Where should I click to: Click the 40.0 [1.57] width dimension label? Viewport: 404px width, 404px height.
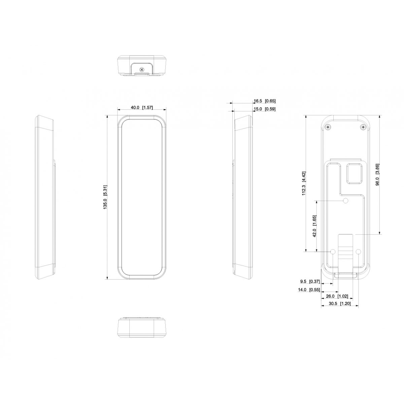pos(142,107)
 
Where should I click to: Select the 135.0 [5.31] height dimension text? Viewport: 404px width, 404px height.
pos(105,197)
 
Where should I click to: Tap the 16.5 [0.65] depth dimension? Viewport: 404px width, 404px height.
pos(265,101)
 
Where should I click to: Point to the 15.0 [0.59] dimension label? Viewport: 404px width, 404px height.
pos(265,109)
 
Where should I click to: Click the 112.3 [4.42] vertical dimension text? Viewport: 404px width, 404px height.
pos(304,183)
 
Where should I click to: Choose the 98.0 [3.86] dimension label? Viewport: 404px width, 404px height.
pos(377,175)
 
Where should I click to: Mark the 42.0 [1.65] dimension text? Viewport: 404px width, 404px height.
pos(314,226)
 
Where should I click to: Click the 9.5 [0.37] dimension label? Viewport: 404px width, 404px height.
pos(310,281)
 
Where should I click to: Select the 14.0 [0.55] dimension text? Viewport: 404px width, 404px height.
pos(309,290)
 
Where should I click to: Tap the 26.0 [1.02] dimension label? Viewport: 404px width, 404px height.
pos(337,296)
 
